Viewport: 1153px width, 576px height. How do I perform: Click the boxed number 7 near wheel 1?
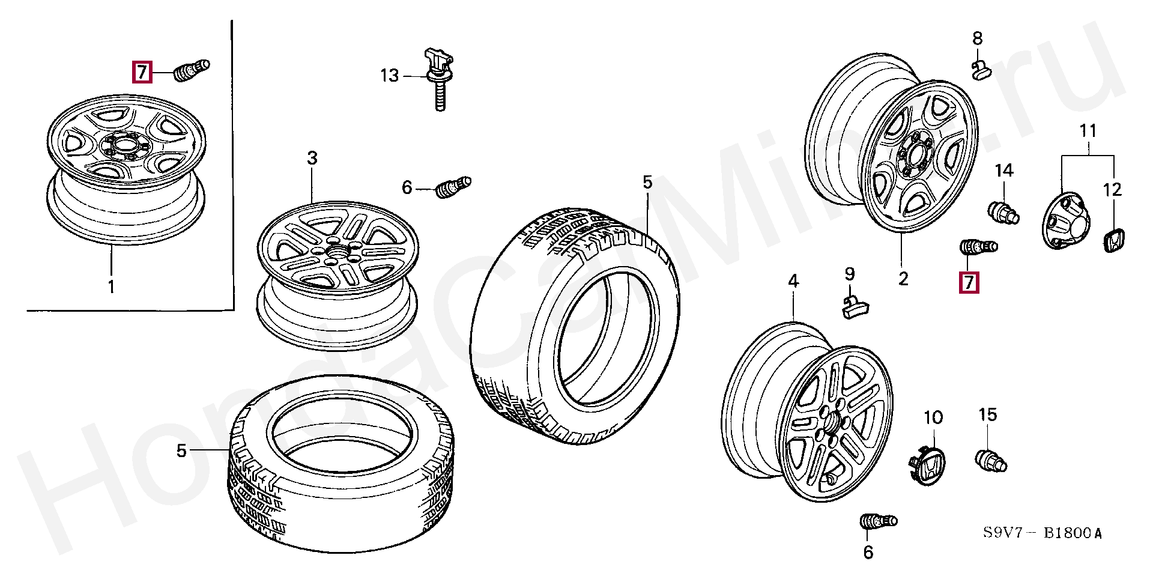142,72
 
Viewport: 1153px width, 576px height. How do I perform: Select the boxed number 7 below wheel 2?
969,282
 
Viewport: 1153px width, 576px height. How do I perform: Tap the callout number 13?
389,76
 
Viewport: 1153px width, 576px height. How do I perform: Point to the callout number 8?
977,38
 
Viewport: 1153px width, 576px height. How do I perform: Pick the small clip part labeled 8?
981,70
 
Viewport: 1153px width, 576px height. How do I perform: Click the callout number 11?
1088,130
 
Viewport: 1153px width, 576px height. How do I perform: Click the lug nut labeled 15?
991,461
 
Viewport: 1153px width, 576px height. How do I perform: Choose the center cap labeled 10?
927,465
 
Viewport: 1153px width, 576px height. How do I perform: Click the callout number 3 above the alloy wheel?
312,158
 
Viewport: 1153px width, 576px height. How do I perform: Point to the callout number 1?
111,286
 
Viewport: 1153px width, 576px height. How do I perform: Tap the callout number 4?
793,281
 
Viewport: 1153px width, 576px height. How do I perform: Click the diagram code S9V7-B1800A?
1043,533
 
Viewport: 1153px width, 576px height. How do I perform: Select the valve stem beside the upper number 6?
453,186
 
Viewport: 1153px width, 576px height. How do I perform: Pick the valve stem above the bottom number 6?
879,521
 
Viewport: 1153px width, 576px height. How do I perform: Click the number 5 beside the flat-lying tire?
182,450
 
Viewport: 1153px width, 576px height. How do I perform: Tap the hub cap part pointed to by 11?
1066,220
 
